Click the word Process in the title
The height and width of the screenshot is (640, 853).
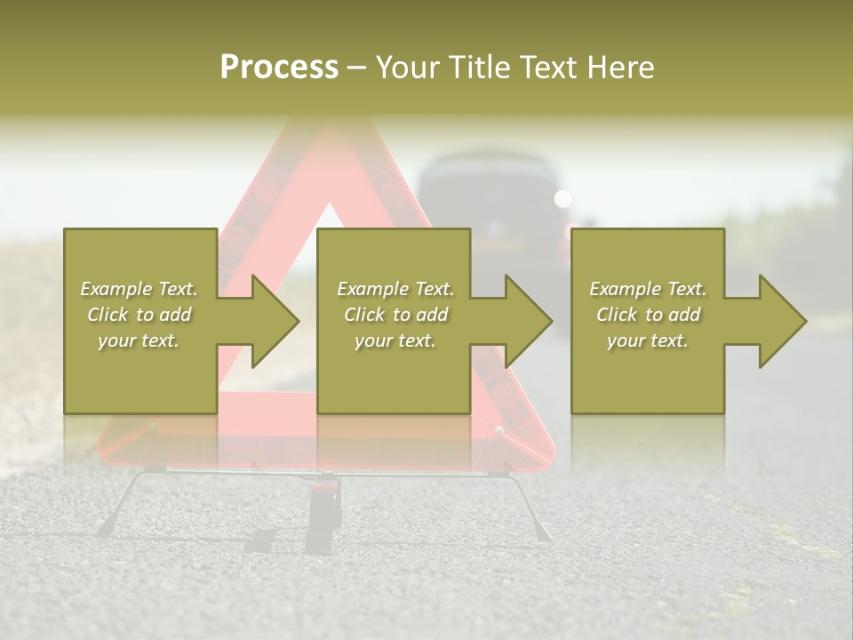pyautogui.click(x=279, y=68)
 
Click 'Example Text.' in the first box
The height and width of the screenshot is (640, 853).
pyautogui.click(x=140, y=289)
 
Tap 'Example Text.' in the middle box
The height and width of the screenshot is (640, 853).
pyautogui.click(x=395, y=289)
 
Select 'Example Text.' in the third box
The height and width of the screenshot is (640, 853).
pyautogui.click(x=648, y=289)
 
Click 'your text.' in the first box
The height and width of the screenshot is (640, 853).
pyautogui.click(x=139, y=340)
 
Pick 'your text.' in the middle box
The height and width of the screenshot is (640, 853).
pyautogui.click(x=395, y=340)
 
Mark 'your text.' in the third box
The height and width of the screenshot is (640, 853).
pyautogui.click(x=648, y=340)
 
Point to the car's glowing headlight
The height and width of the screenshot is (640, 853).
pyautogui.click(x=562, y=198)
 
